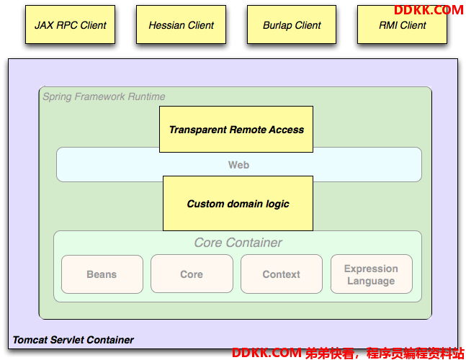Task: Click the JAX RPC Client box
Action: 70,24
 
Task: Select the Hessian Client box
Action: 181,24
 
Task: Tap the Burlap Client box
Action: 292,24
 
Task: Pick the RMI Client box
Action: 402,24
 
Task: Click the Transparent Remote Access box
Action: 236,129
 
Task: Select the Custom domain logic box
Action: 238,204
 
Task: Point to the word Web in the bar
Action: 238,165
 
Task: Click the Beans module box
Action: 102,274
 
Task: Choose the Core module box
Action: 192,274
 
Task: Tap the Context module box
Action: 282,274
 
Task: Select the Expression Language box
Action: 372,274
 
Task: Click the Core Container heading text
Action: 238,243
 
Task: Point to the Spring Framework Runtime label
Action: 104,96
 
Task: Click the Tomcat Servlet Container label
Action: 73,340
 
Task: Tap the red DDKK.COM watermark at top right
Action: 429,10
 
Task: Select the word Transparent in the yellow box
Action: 198,130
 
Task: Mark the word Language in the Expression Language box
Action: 371,281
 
